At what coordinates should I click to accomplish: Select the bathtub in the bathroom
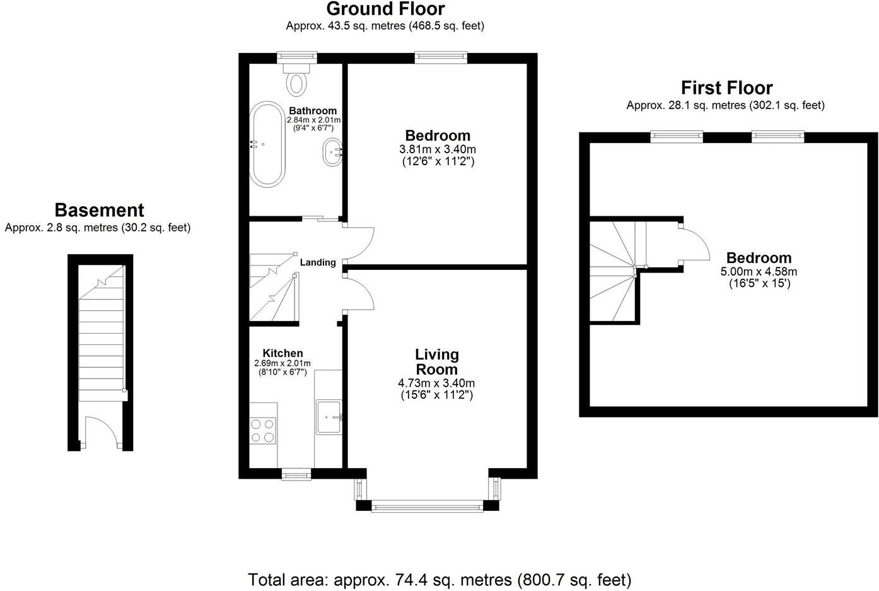point(269,144)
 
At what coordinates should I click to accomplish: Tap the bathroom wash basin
point(332,153)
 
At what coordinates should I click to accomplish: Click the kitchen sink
point(329,416)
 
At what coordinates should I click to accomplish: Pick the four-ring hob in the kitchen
point(263,430)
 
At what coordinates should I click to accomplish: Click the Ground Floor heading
point(385,9)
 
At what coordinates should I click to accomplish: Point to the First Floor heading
point(726,88)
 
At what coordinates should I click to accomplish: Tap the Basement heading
point(99,210)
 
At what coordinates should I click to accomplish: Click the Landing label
point(318,262)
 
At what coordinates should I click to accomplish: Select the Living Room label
point(436,362)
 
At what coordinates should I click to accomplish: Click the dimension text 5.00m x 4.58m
point(759,272)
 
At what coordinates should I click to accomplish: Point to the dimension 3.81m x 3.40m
point(438,149)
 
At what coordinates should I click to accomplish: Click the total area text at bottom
point(440,579)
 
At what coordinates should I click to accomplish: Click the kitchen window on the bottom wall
point(296,474)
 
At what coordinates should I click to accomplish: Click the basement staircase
point(101,341)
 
